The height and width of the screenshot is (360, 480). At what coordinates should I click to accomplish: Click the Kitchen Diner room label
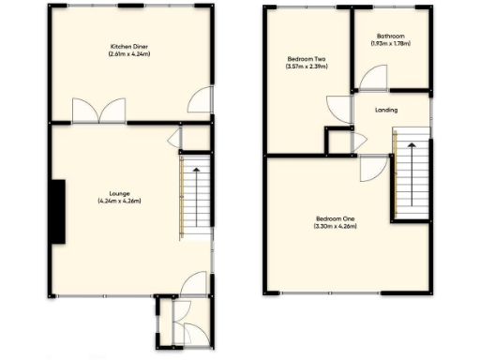[129, 46]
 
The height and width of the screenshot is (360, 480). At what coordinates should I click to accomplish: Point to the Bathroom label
[390, 36]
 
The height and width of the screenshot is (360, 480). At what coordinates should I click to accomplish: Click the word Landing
[385, 111]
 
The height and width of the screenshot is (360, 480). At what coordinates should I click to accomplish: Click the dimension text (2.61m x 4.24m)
[129, 53]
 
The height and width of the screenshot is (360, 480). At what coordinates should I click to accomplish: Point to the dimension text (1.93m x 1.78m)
[390, 43]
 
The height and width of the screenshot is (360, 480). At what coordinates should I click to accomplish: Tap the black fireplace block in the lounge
[59, 212]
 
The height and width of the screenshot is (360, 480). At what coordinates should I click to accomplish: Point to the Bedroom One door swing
[369, 168]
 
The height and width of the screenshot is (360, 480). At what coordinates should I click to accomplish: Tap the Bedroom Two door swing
[336, 108]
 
